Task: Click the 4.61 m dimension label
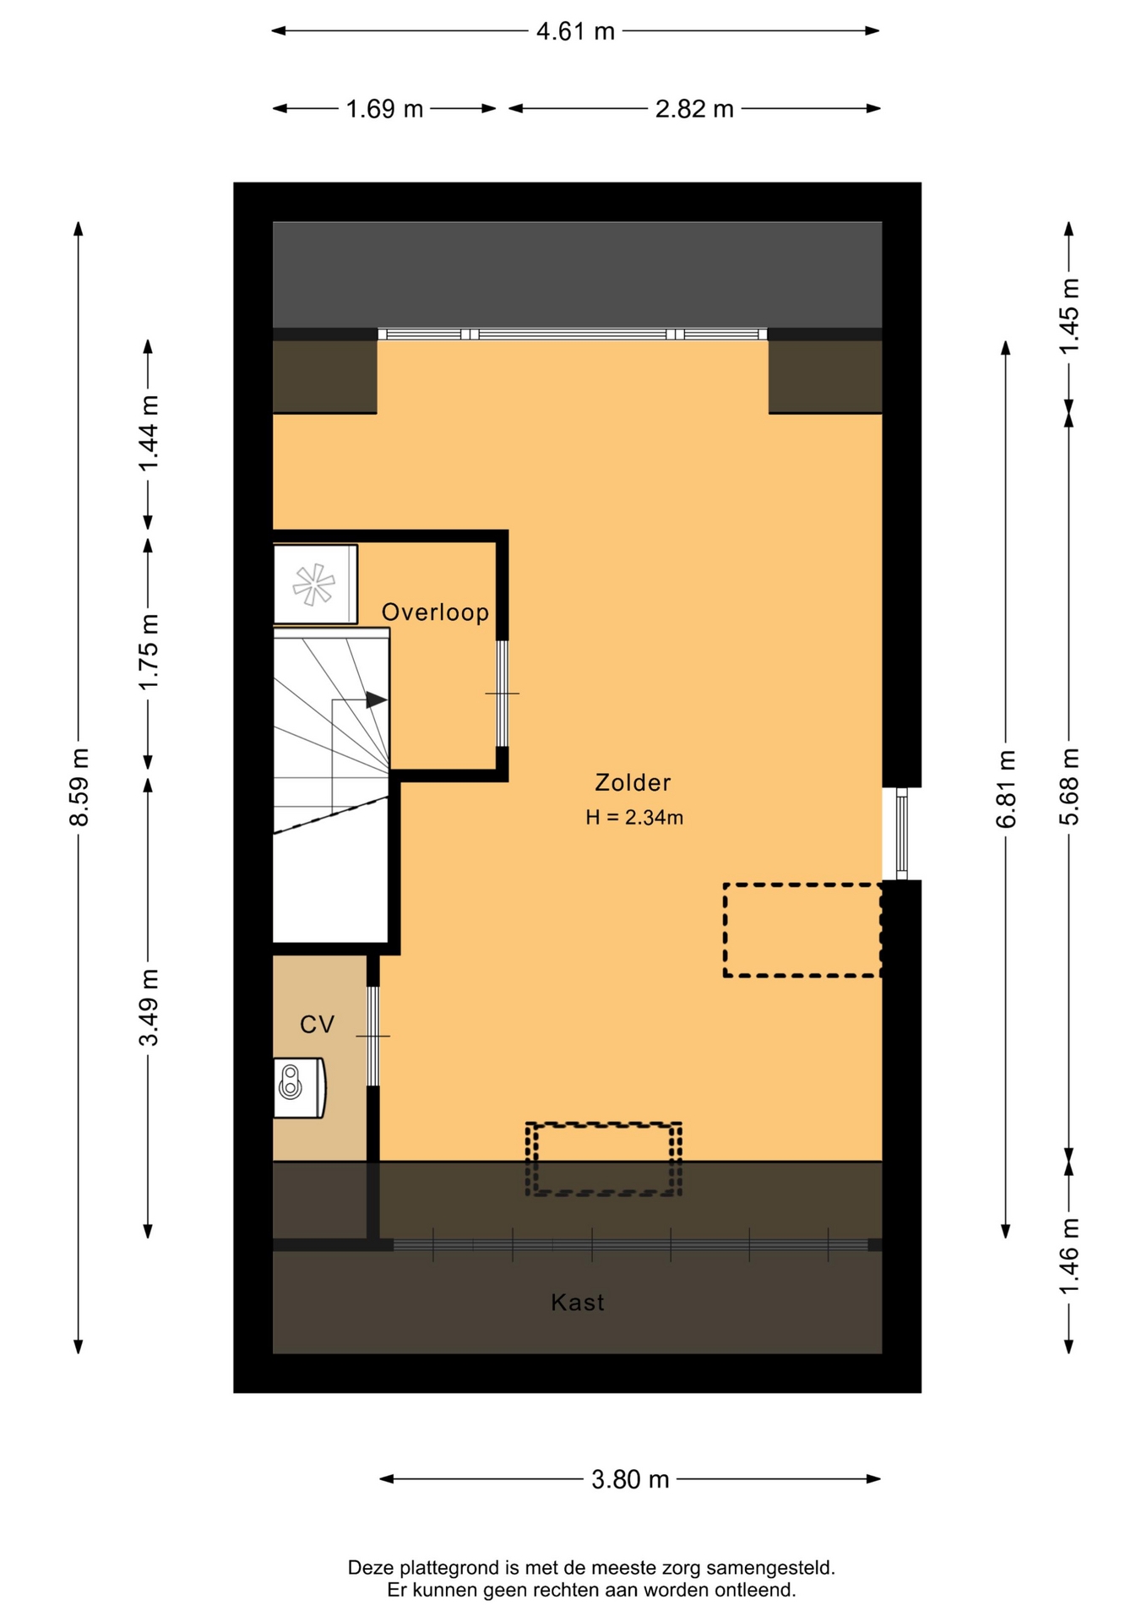coord(575,32)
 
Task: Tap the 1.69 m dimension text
coord(384,109)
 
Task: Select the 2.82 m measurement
coord(694,109)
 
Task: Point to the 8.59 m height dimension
coord(79,787)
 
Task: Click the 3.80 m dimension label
coord(630,1479)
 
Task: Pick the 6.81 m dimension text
coord(1006,788)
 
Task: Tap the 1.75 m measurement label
coord(149,652)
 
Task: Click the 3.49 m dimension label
coord(149,1008)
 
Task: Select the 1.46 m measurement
coord(1069,1255)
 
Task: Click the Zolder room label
coord(633,783)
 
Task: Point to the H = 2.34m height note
coord(634,818)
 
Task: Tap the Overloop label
coord(435,612)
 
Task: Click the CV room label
coord(318,1025)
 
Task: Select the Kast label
coord(578,1303)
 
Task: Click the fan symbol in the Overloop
coord(314,584)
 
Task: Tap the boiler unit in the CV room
coord(299,1088)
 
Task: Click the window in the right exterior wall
coord(902,834)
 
